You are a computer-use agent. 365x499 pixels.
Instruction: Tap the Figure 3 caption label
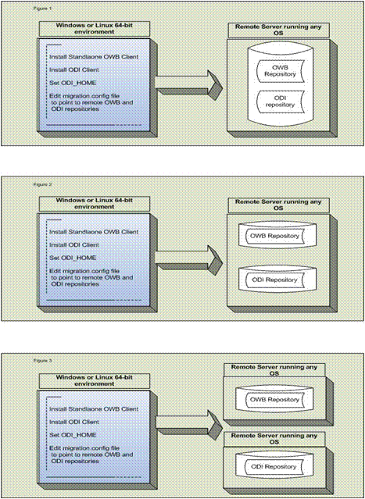coord(18,359)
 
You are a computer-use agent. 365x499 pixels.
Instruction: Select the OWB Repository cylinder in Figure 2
coord(273,235)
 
